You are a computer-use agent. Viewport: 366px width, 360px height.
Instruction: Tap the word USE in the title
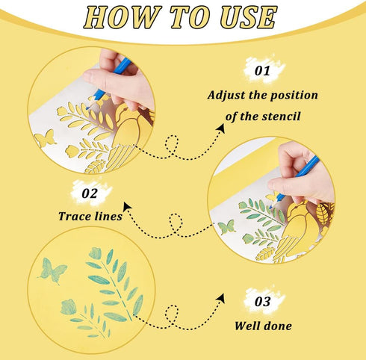[248, 17]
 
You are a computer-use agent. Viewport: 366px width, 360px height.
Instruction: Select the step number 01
[262, 71]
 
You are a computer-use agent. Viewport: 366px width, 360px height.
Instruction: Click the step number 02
[89, 193]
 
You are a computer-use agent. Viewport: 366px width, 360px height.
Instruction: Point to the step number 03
[262, 302]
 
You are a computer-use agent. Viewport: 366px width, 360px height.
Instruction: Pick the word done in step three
[278, 326]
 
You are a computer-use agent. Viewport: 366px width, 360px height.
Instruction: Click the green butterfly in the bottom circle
[52, 271]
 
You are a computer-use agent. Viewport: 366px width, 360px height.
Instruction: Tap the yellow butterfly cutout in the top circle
[46, 137]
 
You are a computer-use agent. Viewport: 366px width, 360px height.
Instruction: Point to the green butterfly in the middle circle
[226, 227]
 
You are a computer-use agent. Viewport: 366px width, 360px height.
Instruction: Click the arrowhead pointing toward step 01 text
[221, 128]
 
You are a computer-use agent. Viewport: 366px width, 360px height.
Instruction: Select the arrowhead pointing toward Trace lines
[128, 207]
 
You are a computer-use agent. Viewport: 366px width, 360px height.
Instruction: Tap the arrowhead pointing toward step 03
[220, 298]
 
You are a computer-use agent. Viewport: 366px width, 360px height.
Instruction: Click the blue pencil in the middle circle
[294, 181]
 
